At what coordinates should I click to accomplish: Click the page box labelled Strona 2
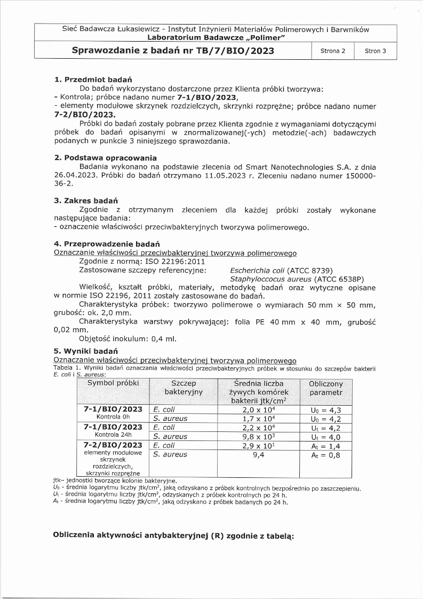332,51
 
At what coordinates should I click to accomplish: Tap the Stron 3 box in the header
375,51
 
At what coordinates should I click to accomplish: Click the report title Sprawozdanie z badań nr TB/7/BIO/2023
173,51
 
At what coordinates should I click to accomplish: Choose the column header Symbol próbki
113,383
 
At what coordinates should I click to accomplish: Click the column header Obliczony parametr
326,388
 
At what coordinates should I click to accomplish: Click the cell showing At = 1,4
325,445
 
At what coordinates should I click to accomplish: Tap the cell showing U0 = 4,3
325,409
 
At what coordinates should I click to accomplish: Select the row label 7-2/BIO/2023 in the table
113,445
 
